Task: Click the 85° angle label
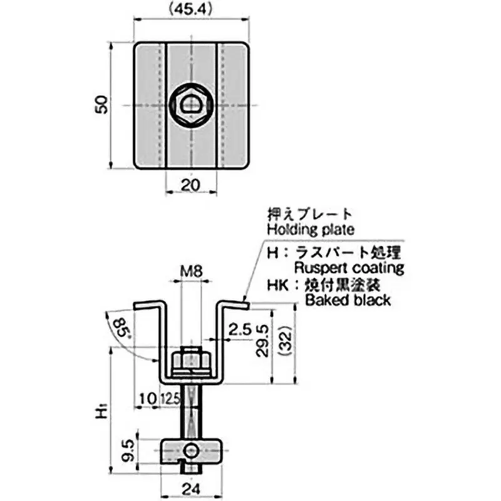[123, 327]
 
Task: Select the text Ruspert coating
[349, 268]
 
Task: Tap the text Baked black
[347, 300]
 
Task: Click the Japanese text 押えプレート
[302, 214]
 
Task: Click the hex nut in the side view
[190, 359]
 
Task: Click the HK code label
[276, 284]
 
